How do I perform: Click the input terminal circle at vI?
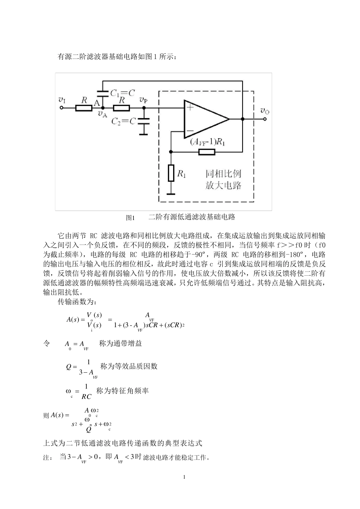click(x=62, y=108)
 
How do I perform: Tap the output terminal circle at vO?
click(x=265, y=119)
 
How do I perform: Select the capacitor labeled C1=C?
click(x=103, y=92)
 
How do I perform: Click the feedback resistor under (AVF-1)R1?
click(x=207, y=152)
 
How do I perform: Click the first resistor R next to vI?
click(x=84, y=108)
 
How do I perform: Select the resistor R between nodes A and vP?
click(x=122, y=108)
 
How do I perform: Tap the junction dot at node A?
click(x=103, y=108)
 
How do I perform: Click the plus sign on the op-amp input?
click(x=190, y=108)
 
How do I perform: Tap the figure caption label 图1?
click(x=130, y=218)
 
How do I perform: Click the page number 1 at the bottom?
click(x=184, y=477)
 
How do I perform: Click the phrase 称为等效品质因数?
click(x=129, y=366)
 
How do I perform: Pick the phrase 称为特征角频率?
click(x=122, y=391)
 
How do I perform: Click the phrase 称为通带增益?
click(x=121, y=343)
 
